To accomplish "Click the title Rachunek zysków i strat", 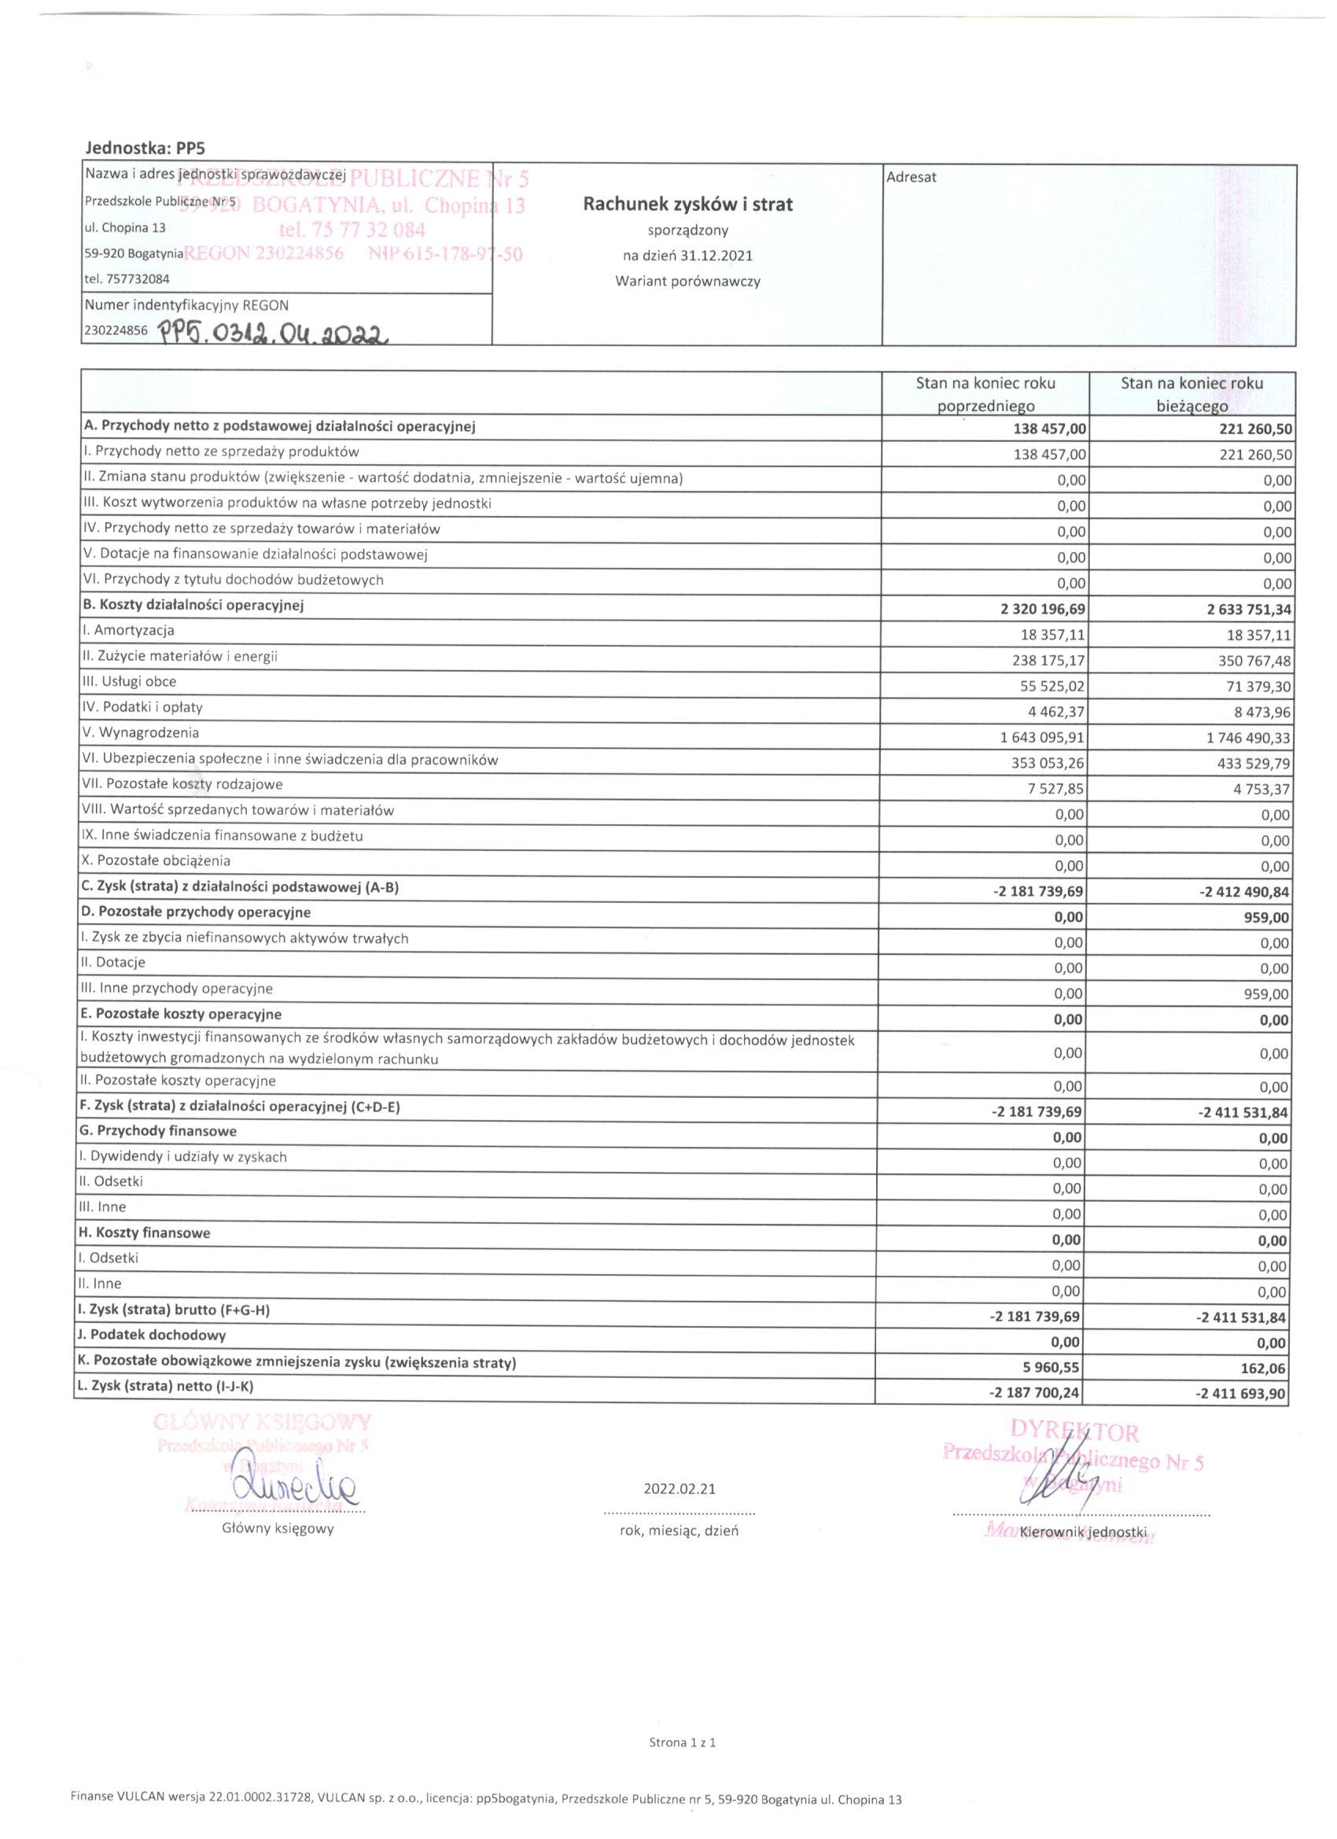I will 687,205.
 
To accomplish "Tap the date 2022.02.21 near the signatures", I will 680,1489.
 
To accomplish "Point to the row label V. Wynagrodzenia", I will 141,733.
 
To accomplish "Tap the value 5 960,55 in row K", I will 1052,1367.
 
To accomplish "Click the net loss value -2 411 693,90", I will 1241,1394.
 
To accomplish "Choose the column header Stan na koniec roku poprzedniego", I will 985,394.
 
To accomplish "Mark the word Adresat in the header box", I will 912,178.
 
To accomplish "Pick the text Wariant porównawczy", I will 687,282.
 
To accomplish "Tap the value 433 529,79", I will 1250,764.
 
